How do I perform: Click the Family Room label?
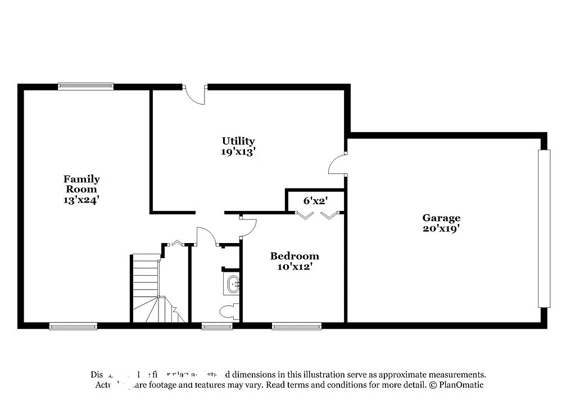tap(81, 184)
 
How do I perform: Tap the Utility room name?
tap(238, 141)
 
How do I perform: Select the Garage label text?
tap(441, 218)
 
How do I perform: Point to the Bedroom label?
tap(294, 257)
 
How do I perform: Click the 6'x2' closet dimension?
tap(315, 200)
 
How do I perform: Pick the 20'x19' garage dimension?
tap(441, 228)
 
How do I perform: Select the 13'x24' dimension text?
tap(81, 199)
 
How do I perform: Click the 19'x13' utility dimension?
tap(238, 151)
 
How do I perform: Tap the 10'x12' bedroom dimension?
tap(294, 267)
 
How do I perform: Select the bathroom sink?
tap(232, 285)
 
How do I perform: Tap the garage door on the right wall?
tap(544, 228)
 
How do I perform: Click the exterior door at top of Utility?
tap(196, 95)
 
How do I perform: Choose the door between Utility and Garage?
tap(338, 164)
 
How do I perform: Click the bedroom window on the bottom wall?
tap(297, 326)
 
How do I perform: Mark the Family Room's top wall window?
tap(85, 87)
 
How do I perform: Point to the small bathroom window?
tap(216, 326)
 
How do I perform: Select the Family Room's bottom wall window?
tap(73, 326)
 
